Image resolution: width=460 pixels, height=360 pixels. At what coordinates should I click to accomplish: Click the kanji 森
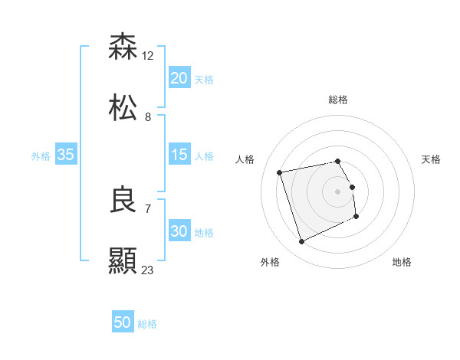coord(123,47)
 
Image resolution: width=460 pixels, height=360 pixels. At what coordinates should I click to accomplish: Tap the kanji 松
coord(123,108)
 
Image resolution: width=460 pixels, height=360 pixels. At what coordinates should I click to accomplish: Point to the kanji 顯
coord(123,261)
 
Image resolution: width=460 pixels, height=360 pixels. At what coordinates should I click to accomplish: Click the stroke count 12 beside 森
coord(148,55)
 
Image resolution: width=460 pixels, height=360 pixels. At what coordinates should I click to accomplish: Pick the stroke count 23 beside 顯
coord(148,270)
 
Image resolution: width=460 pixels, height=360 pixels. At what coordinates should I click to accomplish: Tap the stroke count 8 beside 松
coord(147,116)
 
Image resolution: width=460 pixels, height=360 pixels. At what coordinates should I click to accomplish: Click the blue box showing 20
coord(179,78)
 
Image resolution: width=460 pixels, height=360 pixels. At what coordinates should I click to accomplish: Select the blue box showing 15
coord(179,155)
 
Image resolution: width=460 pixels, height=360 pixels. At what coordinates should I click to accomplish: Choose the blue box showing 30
coord(179,231)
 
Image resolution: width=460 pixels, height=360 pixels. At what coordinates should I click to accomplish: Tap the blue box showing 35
coord(65,155)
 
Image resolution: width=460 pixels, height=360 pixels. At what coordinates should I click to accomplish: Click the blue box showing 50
coord(122,322)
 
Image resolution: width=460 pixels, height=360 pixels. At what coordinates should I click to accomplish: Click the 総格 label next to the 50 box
coord(147,324)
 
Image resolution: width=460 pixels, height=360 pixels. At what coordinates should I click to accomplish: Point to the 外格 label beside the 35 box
coord(41,156)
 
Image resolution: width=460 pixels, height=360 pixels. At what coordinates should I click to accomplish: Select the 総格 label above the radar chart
coord(338,100)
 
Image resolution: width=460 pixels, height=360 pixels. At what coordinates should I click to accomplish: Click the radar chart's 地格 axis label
coord(402,262)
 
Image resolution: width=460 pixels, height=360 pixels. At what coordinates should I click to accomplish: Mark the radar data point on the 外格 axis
coord(301,242)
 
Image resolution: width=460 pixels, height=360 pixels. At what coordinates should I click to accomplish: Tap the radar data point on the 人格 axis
coord(280,172)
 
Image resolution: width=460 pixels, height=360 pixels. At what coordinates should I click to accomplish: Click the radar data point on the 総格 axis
coord(338,161)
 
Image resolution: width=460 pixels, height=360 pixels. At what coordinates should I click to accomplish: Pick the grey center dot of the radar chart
coord(338,191)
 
